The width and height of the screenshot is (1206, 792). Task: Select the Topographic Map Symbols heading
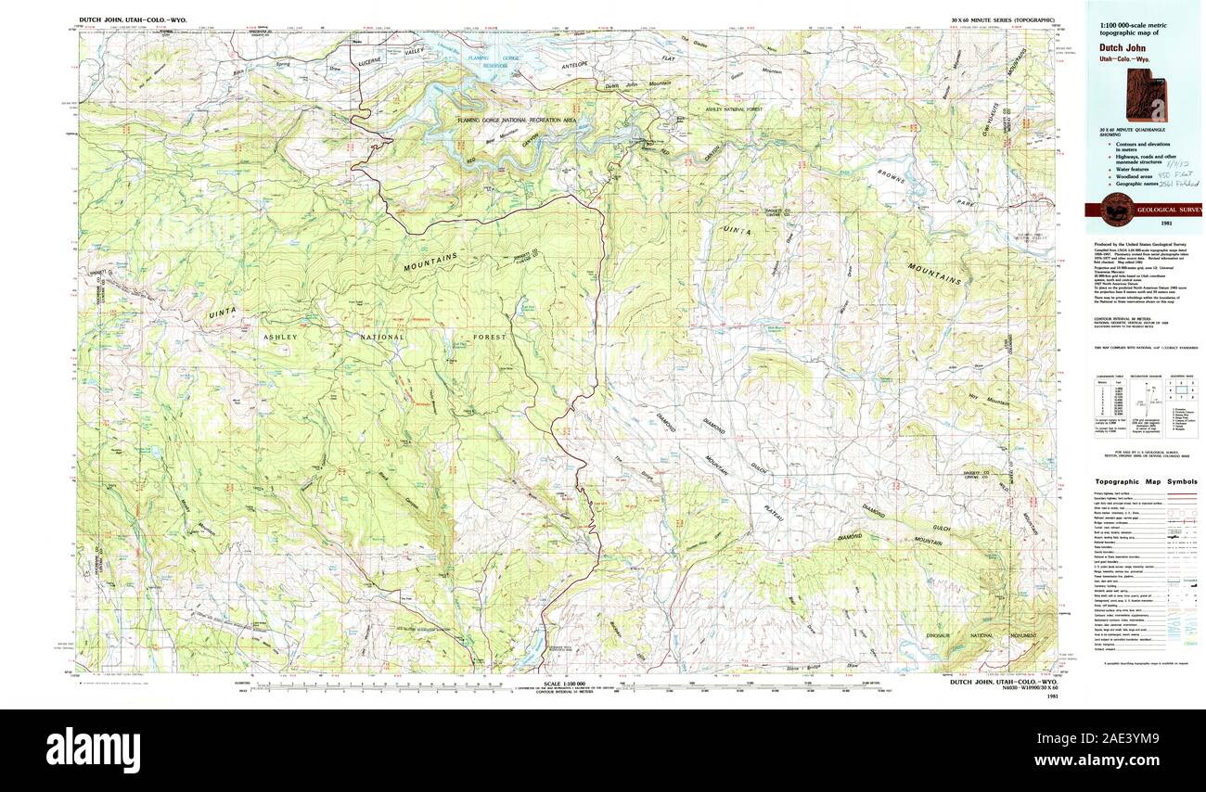1146,482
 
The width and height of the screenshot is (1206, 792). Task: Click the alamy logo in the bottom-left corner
93,747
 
